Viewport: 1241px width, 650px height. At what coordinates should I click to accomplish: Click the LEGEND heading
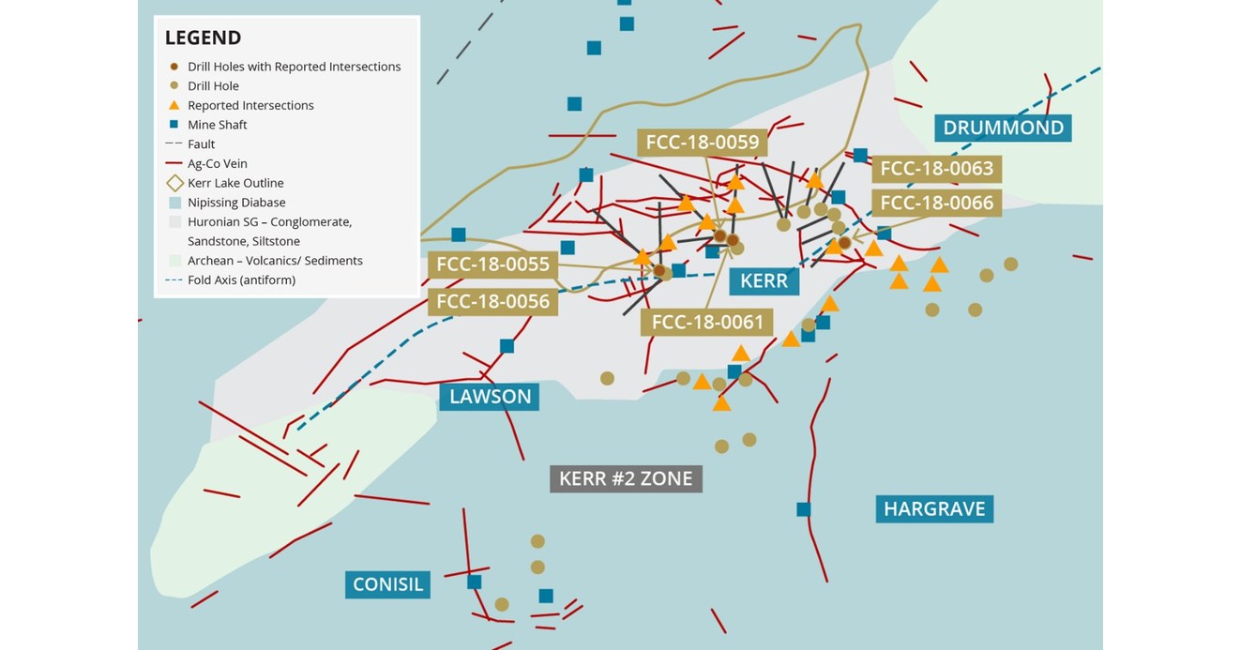(x=203, y=38)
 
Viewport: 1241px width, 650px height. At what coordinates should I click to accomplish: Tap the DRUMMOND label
(x=1003, y=128)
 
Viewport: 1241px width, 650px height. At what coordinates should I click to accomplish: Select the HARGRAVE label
(x=934, y=508)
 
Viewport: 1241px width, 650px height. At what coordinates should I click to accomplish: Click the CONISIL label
(x=388, y=584)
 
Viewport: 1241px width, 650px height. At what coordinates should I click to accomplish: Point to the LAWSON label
(x=490, y=396)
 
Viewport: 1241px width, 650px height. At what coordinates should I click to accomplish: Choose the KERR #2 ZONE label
(x=626, y=478)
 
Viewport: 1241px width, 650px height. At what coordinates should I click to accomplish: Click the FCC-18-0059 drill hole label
(x=703, y=143)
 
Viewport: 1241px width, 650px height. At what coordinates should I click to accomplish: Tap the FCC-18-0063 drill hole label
(x=936, y=169)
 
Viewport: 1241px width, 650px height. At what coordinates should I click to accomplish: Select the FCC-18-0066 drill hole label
(x=936, y=203)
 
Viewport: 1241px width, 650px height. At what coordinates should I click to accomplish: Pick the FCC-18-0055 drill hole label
(x=492, y=265)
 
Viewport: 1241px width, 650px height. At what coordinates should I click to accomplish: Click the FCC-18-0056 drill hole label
(x=492, y=301)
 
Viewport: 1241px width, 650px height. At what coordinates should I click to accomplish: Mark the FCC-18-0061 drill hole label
(x=706, y=323)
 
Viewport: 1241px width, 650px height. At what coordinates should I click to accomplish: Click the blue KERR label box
(x=764, y=280)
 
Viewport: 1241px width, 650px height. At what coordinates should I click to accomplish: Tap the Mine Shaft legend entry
(x=217, y=125)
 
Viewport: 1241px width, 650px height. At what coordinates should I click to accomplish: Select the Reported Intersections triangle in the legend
(x=174, y=105)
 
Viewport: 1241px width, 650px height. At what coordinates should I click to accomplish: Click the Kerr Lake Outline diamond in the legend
(x=174, y=183)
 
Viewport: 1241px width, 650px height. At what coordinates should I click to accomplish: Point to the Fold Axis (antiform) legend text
(x=241, y=280)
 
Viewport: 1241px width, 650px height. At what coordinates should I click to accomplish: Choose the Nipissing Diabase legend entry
(x=236, y=203)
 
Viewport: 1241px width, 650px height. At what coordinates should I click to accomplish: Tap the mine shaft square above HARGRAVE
(x=803, y=509)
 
